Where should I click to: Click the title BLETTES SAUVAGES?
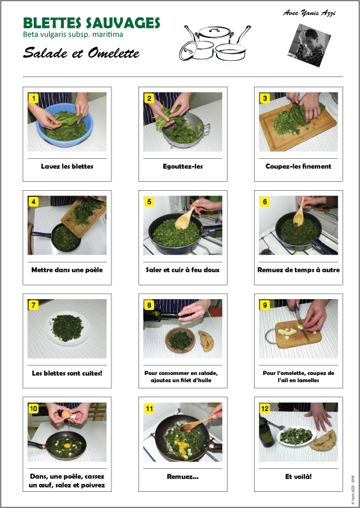click(92, 23)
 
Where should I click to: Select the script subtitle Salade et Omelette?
click(81, 53)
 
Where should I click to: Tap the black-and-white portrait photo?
click(306, 45)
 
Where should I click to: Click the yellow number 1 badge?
click(33, 98)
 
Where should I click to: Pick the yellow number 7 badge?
click(33, 305)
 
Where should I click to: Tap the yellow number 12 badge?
click(265, 409)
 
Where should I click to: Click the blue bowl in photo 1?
click(65, 125)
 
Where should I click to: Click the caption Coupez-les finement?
click(299, 167)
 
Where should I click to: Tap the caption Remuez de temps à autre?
click(299, 270)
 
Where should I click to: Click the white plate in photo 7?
click(67, 328)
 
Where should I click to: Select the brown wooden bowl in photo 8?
click(180, 339)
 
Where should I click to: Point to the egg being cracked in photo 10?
click(67, 415)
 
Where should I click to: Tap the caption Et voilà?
click(299, 477)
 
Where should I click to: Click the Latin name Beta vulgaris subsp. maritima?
click(73, 34)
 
